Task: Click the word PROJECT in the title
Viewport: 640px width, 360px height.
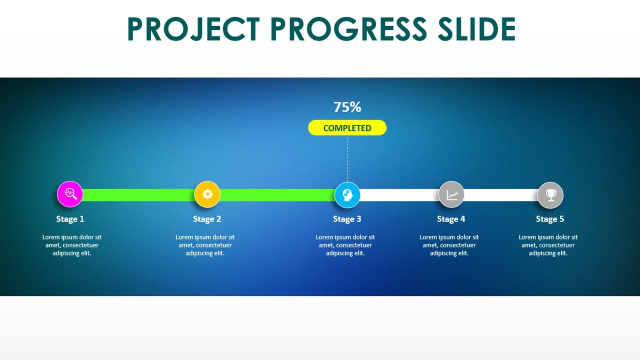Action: [193, 29]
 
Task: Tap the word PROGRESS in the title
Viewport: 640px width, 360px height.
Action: [348, 29]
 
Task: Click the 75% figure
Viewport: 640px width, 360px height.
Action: [347, 107]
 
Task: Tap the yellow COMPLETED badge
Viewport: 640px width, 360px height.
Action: [347, 128]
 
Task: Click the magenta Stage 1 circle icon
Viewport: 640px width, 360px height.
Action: [70, 194]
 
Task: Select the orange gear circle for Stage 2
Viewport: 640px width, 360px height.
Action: [207, 194]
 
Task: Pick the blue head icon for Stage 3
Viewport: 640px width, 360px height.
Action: [347, 195]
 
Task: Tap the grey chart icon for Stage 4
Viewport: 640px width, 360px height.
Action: [451, 194]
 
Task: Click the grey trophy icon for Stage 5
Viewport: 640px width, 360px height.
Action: [550, 195]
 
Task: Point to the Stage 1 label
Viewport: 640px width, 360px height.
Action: [70, 219]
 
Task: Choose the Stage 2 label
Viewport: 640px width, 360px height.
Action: [207, 219]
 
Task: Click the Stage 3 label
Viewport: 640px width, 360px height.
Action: [347, 219]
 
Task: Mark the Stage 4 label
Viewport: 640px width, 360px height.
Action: [451, 219]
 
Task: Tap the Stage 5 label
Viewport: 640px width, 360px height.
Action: [550, 219]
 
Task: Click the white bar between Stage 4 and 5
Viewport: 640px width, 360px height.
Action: [500, 195]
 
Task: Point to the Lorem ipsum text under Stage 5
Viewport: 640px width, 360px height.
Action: [548, 245]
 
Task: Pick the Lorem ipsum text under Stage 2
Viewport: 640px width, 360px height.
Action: [205, 245]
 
